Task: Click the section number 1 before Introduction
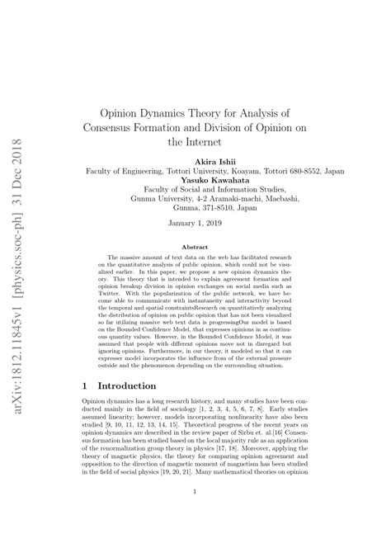tap(86, 385)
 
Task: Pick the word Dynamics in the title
tap(175, 113)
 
